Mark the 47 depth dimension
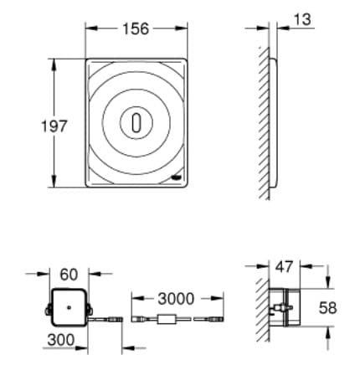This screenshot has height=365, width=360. coord(285,268)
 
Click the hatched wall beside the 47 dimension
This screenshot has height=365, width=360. coord(263,310)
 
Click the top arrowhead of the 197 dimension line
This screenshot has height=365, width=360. coord(56,59)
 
